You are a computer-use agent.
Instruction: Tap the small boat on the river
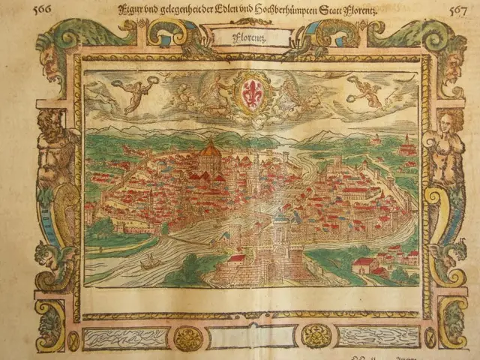(148, 262)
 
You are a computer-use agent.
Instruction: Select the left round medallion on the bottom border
(188, 337)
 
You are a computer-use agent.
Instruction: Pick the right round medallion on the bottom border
(316, 336)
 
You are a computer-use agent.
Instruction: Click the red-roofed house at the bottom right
(365, 263)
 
